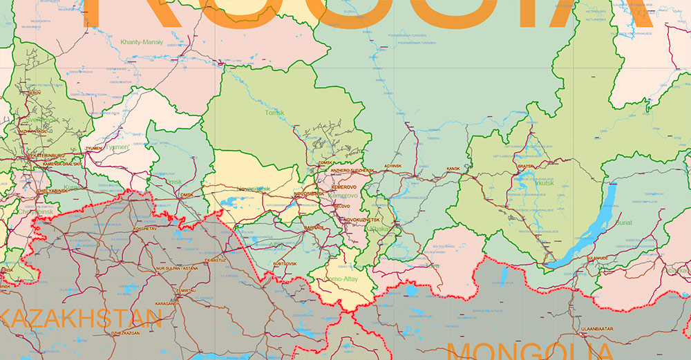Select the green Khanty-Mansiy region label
click(x=142, y=42)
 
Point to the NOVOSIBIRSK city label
click(x=308, y=194)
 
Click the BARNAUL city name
click(x=314, y=227)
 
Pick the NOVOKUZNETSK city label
click(x=361, y=219)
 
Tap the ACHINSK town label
click(x=392, y=167)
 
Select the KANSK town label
click(x=453, y=169)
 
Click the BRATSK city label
click(x=526, y=167)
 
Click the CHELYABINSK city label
click(x=32, y=191)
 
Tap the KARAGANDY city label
click(x=167, y=303)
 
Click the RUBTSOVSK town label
click(x=285, y=263)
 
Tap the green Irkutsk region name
click(x=545, y=183)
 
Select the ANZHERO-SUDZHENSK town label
click(x=352, y=171)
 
